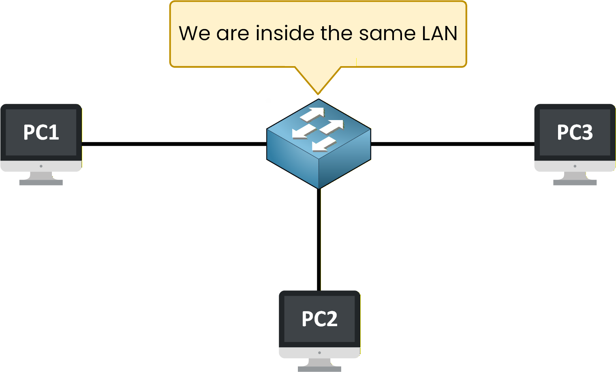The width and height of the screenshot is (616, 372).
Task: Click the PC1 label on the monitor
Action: (41, 132)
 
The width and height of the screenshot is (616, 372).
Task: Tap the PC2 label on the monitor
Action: (319, 319)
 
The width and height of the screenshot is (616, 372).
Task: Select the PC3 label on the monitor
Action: (575, 132)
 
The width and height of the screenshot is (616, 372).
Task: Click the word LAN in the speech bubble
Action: (439, 33)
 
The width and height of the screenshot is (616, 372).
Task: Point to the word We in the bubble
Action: (195, 33)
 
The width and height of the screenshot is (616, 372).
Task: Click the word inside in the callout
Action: (285, 33)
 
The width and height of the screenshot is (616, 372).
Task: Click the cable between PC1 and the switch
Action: (174, 144)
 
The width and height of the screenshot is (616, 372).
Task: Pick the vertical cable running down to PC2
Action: (319, 239)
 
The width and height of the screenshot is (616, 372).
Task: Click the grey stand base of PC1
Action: (41, 183)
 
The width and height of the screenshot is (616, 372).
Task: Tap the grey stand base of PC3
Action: (575, 183)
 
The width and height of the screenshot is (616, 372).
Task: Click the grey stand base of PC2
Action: (319, 369)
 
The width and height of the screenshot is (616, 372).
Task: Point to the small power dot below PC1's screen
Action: (41, 166)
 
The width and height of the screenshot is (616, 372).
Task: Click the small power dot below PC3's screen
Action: (575, 166)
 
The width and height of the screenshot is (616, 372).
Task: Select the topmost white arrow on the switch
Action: (312, 114)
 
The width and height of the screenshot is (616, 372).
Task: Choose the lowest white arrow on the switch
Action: (324, 144)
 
